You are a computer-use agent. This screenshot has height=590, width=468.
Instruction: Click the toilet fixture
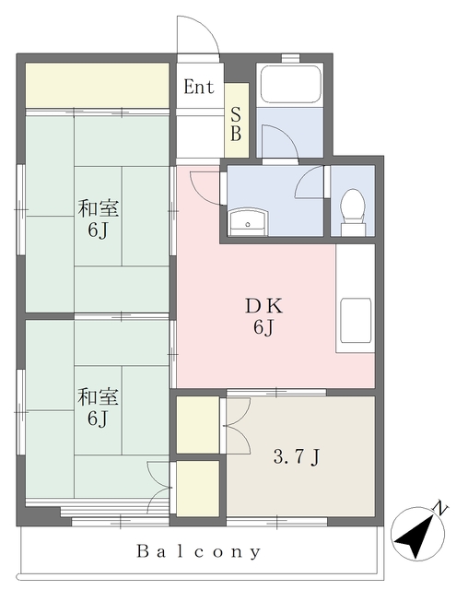(x=353, y=212)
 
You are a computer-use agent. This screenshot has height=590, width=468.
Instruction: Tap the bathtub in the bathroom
(x=290, y=85)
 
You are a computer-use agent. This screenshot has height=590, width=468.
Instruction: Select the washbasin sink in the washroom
(x=247, y=222)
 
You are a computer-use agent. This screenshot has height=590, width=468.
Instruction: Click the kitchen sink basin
(x=356, y=320)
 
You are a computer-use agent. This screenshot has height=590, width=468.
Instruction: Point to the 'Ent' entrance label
(x=199, y=87)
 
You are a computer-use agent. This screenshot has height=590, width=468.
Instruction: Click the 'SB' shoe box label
(x=236, y=124)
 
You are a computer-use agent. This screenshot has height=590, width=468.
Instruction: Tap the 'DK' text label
(x=263, y=306)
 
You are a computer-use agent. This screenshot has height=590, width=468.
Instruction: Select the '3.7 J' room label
(x=297, y=457)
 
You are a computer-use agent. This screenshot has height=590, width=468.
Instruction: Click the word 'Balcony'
(x=198, y=551)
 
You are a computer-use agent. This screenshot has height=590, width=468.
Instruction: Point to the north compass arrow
(x=415, y=535)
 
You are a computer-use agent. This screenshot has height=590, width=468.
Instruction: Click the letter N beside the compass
(x=441, y=508)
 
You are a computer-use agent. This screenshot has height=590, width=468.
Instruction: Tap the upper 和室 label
(x=98, y=208)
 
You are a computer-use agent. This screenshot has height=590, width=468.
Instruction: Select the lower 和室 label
(x=98, y=397)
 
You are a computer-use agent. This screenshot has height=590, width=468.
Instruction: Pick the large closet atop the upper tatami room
(x=97, y=86)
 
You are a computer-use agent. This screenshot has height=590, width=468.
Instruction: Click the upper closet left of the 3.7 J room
(x=198, y=424)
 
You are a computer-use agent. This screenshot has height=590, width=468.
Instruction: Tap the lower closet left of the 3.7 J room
(x=198, y=488)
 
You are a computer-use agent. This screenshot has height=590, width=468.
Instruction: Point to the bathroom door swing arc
(x=287, y=135)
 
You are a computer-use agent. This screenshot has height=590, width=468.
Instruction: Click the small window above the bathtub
(x=290, y=58)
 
